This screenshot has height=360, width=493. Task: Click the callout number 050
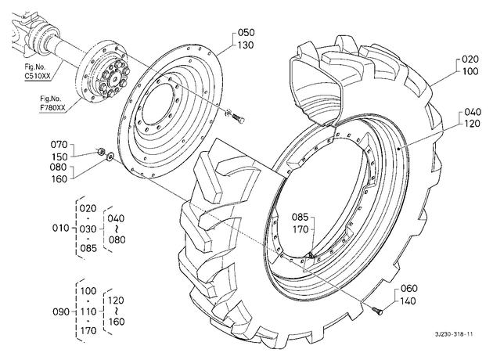coord(246,33)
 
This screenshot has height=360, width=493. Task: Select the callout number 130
coord(246,45)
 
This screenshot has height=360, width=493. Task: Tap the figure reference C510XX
coord(38,76)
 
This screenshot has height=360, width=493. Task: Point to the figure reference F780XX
coord(52,107)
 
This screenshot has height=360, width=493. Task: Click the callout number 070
coord(59,145)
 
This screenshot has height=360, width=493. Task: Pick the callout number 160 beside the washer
coord(59,179)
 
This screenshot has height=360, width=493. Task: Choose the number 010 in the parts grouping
coord(60,228)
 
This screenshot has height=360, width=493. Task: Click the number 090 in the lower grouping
coord(60,312)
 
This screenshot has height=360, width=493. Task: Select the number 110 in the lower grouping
coord(88,311)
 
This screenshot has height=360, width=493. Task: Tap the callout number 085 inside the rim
coord(300,218)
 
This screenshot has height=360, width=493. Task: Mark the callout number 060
coord(409,288)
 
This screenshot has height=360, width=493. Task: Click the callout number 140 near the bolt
coord(408,301)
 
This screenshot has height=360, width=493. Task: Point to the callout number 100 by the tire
coord(470,71)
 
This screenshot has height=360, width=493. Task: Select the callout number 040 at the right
coord(472,112)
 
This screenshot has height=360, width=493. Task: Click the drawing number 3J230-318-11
coord(454,334)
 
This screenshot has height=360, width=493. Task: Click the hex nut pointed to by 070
coord(101,152)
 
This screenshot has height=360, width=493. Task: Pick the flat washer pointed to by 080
coord(110,155)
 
